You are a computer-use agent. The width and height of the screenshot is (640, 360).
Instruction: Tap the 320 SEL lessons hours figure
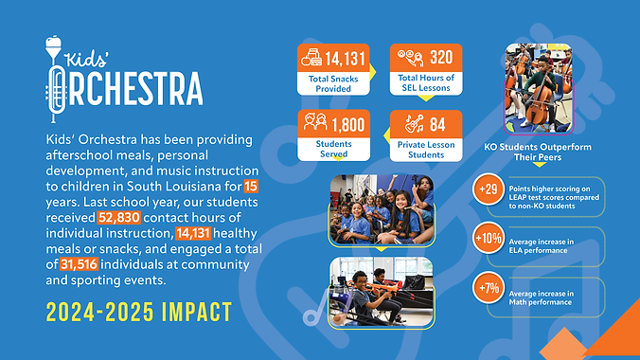[x=439, y=56]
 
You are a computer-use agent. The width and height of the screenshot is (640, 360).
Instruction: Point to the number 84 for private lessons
[x=437, y=123]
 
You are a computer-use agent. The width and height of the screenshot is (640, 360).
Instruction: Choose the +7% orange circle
[x=489, y=288]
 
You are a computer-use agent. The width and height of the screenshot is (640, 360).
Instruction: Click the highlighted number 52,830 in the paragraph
[x=119, y=218]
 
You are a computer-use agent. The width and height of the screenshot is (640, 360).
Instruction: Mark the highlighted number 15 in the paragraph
[x=250, y=186]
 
